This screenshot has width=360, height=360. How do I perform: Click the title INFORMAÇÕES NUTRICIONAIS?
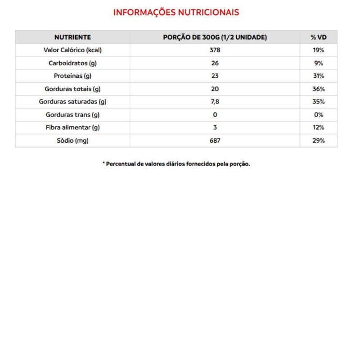pos(176,13)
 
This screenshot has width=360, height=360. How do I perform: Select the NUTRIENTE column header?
pos(72,37)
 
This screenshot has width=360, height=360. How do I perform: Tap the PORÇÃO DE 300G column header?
pos(215,37)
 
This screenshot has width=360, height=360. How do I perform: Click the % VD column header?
pos(318,37)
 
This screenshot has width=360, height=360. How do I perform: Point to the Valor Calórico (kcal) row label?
pos(72,50)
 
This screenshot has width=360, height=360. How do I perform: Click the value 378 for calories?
pos(215,50)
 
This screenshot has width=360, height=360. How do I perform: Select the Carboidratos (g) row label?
pos(72,63)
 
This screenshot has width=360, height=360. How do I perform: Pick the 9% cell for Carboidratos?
pos(319,63)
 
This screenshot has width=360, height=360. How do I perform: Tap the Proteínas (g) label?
pos(72,76)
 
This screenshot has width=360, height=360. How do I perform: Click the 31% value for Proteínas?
pos(319,76)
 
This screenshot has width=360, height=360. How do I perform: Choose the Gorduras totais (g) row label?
pos(72,89)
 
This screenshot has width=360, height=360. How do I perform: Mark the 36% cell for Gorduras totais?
pos(319,89)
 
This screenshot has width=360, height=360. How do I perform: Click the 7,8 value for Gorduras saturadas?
pos(215,102)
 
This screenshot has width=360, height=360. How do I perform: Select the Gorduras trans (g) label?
pos(72,115)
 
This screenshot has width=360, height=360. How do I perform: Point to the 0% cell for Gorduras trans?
pos(319,115)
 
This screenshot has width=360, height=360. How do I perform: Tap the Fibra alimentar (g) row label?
pos(72,127)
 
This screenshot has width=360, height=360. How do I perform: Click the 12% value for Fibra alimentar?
pos(319,127)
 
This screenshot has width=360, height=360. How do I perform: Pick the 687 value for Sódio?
pos(215,140)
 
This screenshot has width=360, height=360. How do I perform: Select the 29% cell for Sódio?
pos(319,140)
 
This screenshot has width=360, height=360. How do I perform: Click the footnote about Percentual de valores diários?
pos(176,164)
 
